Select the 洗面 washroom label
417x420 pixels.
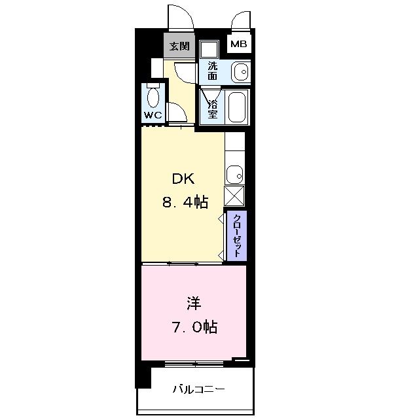coord(213,71)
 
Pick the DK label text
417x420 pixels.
coord(184,179)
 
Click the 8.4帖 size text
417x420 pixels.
coord(185,202)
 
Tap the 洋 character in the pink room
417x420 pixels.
coord(194,304)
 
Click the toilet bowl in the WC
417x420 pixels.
coord(153,96)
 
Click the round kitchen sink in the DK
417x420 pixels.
coord(234,175)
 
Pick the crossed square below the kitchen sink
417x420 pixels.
coord(234,196)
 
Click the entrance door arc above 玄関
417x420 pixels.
coord(180,16)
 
